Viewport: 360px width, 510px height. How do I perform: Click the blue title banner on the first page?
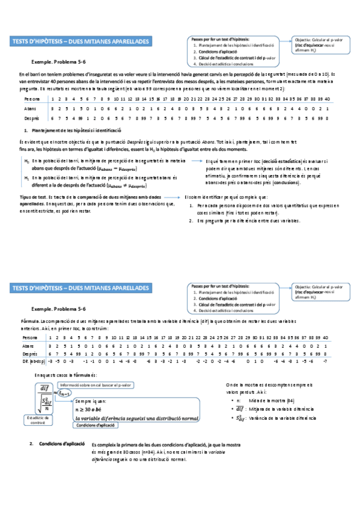pyautogui.click(x=82, y=41)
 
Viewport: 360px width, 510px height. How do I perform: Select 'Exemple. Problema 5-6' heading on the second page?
pyautogui.click(x=59, y=308)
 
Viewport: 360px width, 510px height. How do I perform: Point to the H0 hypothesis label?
pyautogui.click(x=26, y=162)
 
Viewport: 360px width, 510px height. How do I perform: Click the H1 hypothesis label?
pyautogui.click(x=26, y=178)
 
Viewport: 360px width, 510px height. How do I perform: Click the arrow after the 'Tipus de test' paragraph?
pyautogui.click(x=178, y=197)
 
